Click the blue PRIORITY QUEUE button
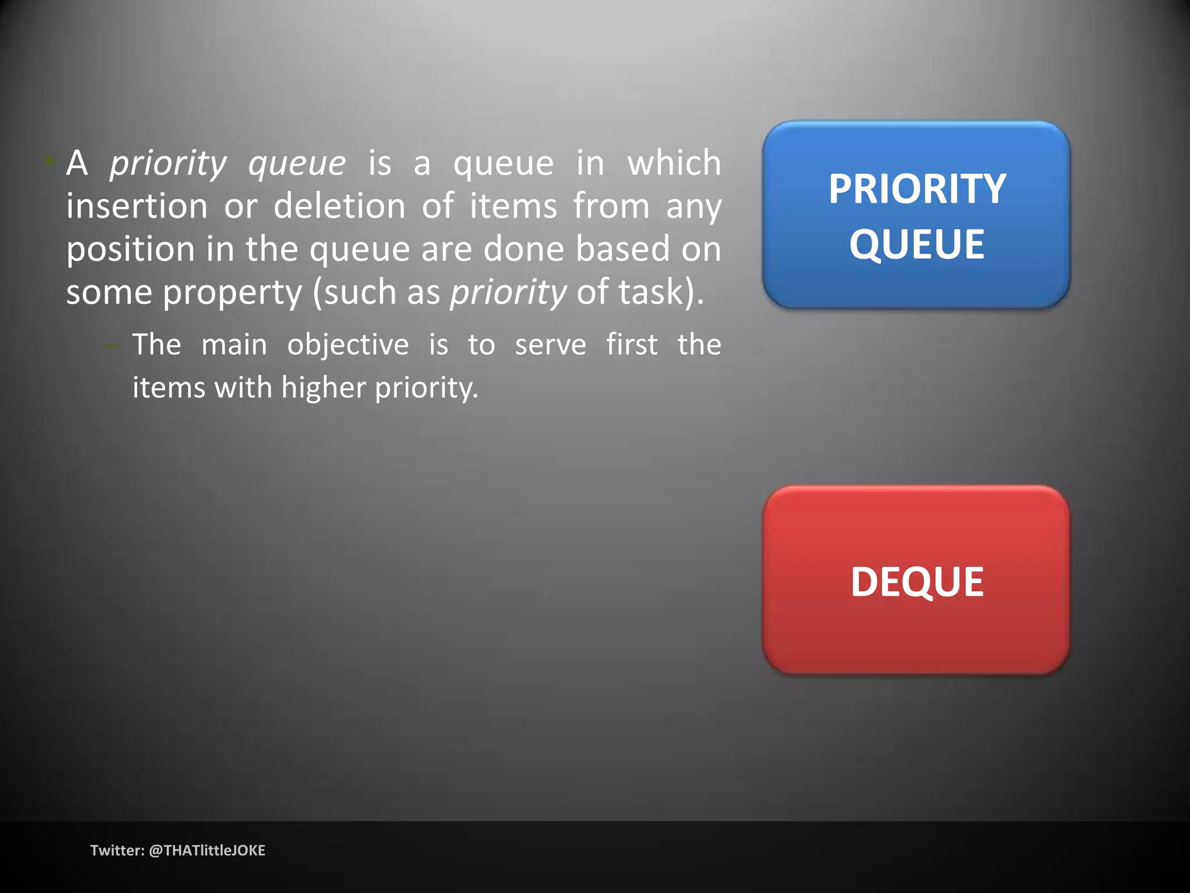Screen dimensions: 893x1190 point(916,215)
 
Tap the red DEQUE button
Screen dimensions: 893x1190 point(916,580)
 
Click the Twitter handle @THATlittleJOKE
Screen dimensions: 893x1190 point(207,851)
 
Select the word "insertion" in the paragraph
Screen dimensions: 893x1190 point(137,206)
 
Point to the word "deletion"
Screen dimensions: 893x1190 point(339,206)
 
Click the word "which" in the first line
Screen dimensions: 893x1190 point(674,163)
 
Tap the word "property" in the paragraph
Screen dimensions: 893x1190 point(232,292)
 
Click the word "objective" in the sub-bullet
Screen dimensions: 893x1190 point(348,345)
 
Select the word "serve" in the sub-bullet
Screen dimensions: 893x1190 point(550,345)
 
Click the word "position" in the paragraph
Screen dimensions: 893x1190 point(130,249)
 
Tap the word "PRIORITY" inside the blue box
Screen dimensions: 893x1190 point(917,189)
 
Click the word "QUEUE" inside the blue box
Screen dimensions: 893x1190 point(917,244)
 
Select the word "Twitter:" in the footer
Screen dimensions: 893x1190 point(117,851)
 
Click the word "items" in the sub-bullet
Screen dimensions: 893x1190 point(169,388)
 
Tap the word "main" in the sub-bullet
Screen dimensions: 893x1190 point(234,345)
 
